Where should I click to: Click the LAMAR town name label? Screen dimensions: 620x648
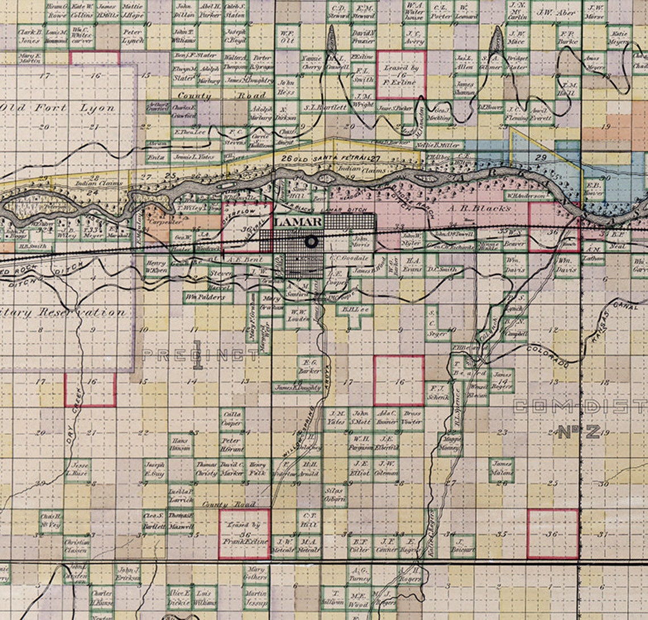click(298, 222)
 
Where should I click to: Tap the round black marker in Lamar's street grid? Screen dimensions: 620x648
click(311, 242)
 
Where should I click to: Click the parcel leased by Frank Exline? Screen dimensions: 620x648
click(244, 534)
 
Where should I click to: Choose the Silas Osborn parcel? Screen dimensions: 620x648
click(334, 495)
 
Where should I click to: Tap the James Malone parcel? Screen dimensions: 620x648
click(502, 468)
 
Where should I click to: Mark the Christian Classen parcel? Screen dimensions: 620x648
click(77, 546)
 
